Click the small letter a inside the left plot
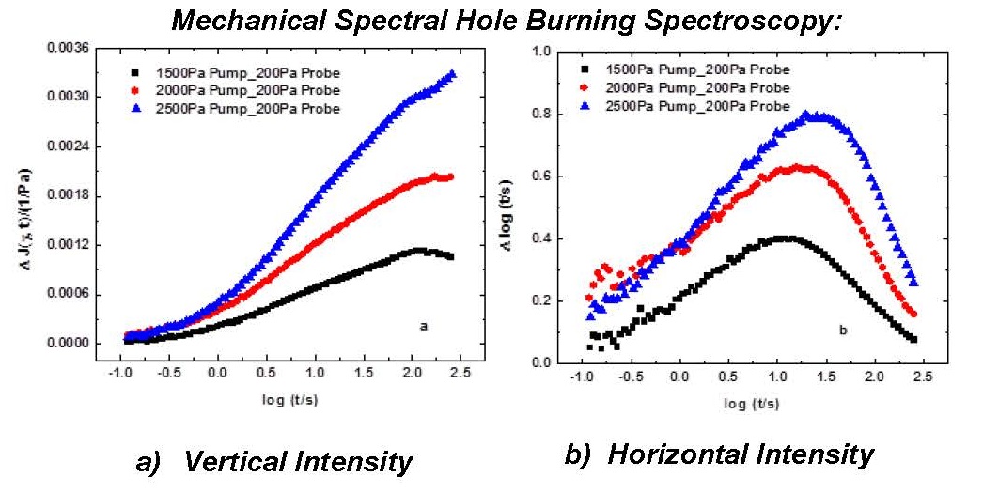425,326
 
